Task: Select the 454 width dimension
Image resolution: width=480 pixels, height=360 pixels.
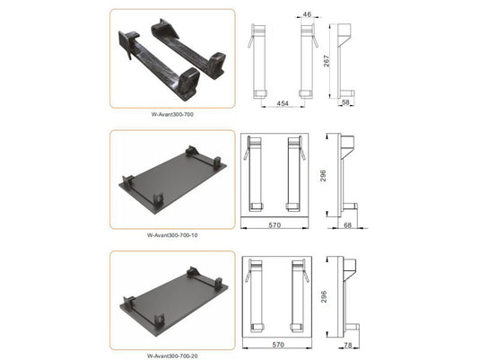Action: point(282,104)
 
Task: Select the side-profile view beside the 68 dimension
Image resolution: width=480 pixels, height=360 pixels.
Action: point(346,175)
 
